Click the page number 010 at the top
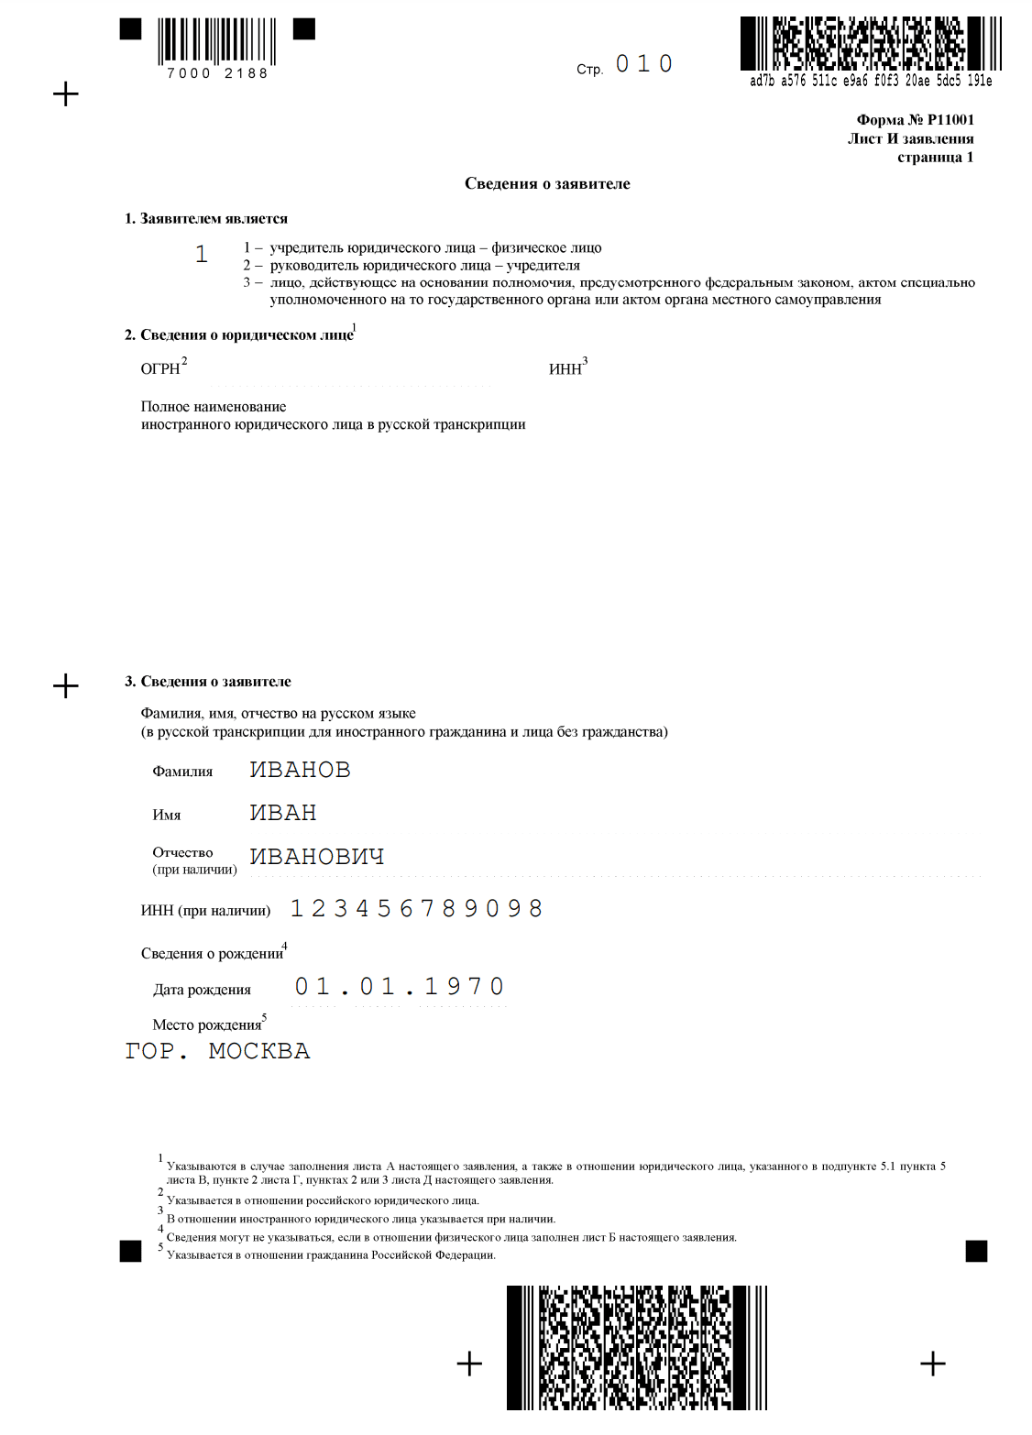[643, 64]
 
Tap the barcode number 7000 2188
[217, 73]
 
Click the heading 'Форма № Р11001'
[915, 119]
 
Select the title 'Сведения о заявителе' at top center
[547, 183]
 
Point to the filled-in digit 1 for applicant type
[202, 254]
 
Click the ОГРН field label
[160, 368]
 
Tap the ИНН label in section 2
[565, 368]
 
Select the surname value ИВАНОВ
[300, 770]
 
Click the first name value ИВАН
[283, 813]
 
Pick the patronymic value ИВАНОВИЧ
[317, 856]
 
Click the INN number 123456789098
[416, 908]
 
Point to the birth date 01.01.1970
[399, 987]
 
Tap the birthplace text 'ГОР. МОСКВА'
[217, 1051]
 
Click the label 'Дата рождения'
[202, 990]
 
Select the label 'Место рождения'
[207, 1024]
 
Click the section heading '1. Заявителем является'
[206, 218]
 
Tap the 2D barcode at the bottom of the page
[636, 1347]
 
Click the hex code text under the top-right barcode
[871, 81]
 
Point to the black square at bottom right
[977, 1251]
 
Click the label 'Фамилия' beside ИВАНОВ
[182, 772]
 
